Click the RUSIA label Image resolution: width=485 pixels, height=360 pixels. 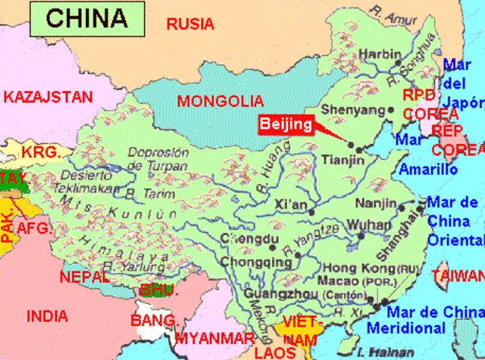pyautogui.click(x=190, y=24)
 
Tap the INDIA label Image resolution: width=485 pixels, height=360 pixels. pyautogui.click(x=46, y=316)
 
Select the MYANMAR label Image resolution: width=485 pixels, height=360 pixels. pyautogui.click(x=214, y=338)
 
